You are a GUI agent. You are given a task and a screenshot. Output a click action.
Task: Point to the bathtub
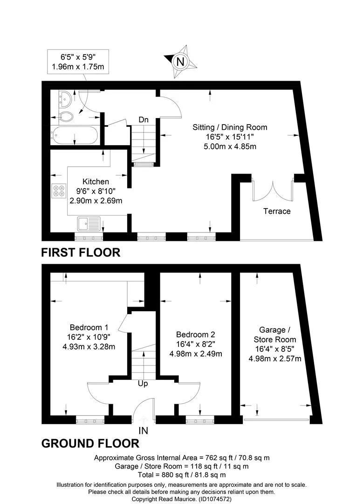74,134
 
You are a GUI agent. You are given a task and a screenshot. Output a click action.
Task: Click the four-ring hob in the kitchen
59,190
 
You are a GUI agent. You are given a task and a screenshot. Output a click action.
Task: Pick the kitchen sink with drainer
89,224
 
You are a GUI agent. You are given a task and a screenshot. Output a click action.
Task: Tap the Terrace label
277,211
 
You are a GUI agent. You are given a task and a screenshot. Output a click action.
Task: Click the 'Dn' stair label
144,119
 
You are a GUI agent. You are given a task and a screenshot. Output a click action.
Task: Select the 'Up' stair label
143,384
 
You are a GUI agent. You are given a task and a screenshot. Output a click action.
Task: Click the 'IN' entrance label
143,430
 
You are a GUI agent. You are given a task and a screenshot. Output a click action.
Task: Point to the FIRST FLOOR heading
81,252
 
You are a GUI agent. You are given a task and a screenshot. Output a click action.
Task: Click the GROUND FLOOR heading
90,444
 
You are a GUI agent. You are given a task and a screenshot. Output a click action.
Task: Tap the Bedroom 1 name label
89,328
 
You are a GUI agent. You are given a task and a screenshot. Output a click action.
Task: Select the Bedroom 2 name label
195,334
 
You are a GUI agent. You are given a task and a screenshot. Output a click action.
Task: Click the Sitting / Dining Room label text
230,127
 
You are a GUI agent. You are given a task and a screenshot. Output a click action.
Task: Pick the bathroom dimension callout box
78,62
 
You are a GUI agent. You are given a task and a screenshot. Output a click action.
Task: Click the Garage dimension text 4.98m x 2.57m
275,358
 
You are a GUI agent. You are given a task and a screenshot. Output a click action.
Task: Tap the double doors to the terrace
273,192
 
